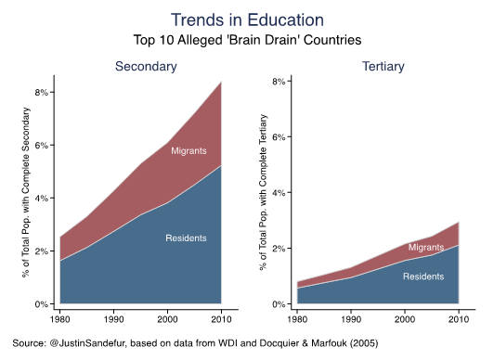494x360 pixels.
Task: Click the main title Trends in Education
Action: (247, 19)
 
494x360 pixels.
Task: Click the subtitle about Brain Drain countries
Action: (247, 40)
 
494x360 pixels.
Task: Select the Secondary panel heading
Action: (146, 67)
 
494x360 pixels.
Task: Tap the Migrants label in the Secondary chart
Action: (188, 150)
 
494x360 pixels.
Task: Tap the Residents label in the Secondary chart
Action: (186, 238)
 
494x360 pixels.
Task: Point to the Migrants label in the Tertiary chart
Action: (426, 248)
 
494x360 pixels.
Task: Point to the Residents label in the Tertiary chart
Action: (423, 276)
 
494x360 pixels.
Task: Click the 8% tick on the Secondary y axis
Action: (41, 93)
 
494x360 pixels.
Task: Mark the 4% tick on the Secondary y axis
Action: (41, 199)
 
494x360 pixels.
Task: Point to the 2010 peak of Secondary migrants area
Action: (220, 84)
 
